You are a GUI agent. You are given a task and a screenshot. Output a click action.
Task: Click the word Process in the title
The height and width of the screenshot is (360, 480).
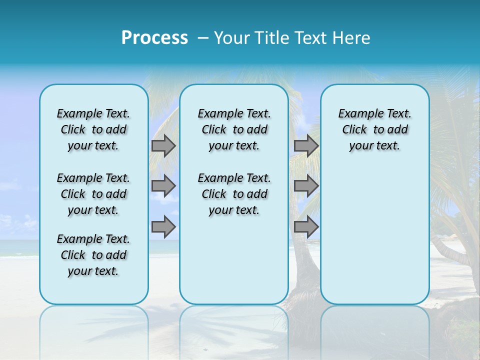(x=154, y=37)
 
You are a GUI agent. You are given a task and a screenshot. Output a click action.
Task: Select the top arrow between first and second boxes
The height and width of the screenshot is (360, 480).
(x=163, y=145)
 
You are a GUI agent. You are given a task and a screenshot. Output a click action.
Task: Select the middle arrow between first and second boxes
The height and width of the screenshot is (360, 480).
(x=163, y=186)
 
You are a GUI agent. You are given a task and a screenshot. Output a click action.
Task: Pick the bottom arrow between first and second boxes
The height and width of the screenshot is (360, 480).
(x=163, y=227)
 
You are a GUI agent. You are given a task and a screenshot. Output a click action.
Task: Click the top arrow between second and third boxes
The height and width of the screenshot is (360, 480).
(x=306, y=145)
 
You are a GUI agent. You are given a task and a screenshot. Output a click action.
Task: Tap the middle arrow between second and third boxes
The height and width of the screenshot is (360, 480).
(x=306, y=186)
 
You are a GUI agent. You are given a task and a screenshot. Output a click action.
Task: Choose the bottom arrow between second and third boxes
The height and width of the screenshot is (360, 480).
(x=306, y=227)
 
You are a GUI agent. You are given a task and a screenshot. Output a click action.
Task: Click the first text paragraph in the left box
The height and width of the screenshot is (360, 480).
(x=93, y=129)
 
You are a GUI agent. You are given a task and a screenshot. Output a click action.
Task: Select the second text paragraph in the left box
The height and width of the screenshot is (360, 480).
(x=93, y=194)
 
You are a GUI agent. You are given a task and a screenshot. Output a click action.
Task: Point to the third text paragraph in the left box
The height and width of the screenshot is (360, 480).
(x=93, y=255)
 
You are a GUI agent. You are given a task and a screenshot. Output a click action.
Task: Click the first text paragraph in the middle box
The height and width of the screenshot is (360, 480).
(x=234, y=129)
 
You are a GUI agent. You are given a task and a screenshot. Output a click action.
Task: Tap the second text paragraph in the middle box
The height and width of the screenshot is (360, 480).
(x=234, y=194)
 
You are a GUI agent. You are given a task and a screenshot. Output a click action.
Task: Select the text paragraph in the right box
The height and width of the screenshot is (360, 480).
(x=375, y=129)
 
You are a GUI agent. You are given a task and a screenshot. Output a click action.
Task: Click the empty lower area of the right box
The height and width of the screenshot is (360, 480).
(x=375, y=235)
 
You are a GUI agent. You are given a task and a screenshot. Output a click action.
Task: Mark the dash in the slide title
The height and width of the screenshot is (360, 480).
(x=203, y=38)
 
